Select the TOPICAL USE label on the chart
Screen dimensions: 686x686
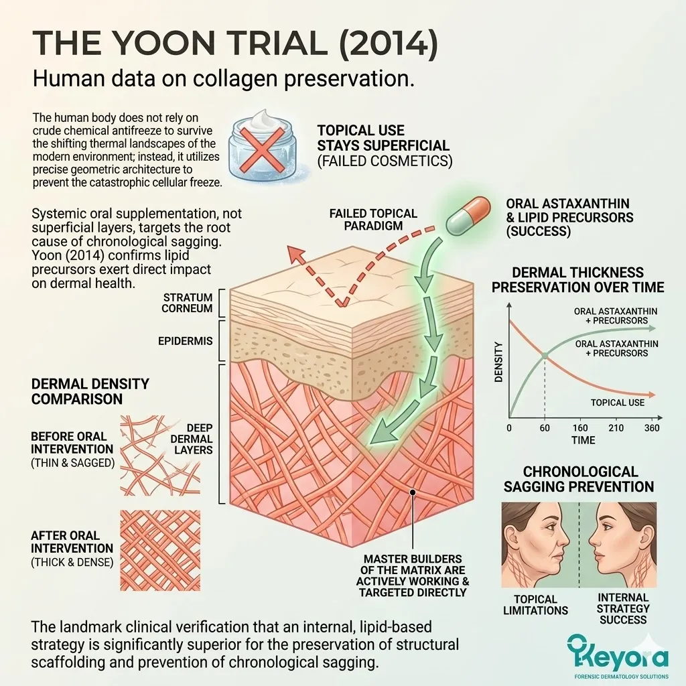click(x=617, y=402)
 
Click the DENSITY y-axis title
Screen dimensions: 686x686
click(x=498, y=362)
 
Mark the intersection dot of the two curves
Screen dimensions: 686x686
click(x=545, y=356)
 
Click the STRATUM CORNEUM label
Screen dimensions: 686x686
click(x=188, y=303)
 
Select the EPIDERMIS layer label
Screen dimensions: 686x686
click(x=186, y=341)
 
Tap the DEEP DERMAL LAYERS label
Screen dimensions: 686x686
click(x=194, y=438)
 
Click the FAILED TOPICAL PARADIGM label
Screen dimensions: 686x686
click(x=372, y=219)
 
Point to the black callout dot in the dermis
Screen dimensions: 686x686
click(x=414, y=492)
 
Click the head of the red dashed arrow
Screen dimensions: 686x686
click(x=293, y=252)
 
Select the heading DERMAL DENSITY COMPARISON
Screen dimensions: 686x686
click(x=90, y=391)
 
